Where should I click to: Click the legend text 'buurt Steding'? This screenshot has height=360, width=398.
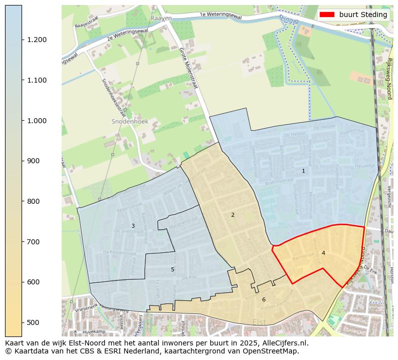coord(363,15)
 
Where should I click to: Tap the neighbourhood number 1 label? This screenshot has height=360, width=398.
coord(303,171)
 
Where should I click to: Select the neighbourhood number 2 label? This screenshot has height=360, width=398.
coord(233,215)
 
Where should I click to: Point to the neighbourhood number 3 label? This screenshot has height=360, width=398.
coord(133,226)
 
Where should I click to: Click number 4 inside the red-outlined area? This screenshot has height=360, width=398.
coord(323,253)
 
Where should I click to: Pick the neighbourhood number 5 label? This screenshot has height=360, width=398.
coord(172,269)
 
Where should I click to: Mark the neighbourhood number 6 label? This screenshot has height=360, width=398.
coord(264,299)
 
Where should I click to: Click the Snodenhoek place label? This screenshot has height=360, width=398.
coord(125,122)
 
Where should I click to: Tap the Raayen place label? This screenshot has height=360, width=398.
coord(161,18)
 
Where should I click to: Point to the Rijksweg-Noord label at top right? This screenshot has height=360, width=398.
coord(389,78)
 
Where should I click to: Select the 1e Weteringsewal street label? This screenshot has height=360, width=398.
coord(221,16)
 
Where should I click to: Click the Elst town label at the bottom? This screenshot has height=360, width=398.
coord(260,322)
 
